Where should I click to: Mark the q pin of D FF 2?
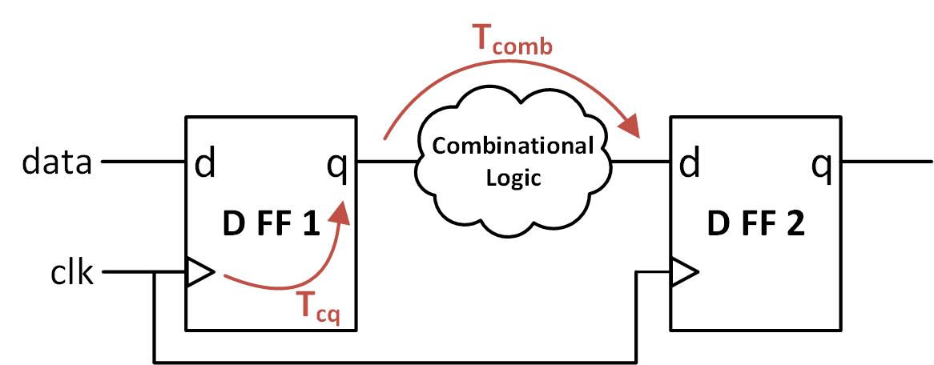[x=822, y=164]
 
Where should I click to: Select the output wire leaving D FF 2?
[x=886, y=162]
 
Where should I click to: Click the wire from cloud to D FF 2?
[x=641, y=162]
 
